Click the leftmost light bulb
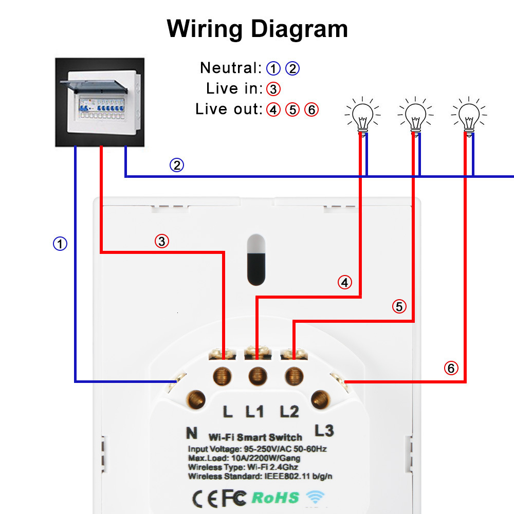tap(363, 115)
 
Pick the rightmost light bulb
tap(469, 115)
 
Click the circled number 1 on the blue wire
tap(61, 244)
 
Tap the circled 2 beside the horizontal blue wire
tap(177, 165)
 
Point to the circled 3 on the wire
tap(162, 241)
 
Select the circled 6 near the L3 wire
tap(451, 368)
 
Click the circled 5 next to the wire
tap(399, 307)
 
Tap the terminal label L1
tap(255, 411)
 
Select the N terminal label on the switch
tap(191, 433)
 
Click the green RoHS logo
tap(276, 497)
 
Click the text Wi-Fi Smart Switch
tap(255, 437)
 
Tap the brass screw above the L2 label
tap(293, 376)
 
